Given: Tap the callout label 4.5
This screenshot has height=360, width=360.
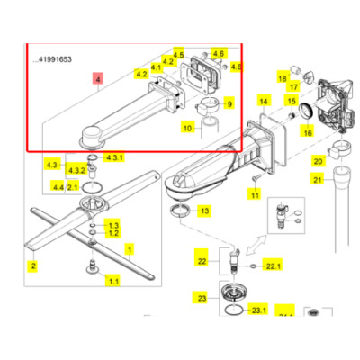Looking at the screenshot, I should coord(178,55).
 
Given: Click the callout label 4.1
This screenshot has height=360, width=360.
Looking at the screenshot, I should coord(157,67).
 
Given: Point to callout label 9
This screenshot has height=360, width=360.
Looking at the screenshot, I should coord(229,104).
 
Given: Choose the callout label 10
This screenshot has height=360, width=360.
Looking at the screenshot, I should coord(187,129).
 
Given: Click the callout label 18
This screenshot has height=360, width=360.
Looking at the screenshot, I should coord(282,79).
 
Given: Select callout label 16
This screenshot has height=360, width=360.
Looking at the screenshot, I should coord(307,132).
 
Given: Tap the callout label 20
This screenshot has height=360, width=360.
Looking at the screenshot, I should coord(318,162).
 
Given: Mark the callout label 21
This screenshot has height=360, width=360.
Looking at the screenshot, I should coord(318,180).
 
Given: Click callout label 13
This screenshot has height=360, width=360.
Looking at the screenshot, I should coord(204,211).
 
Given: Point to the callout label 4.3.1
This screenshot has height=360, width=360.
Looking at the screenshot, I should coord(114,157).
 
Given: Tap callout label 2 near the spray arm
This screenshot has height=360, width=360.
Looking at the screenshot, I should coord(32,266).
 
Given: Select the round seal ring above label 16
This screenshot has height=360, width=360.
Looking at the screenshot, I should coord(307,110).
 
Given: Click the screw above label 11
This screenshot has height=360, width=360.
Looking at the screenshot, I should coord(255,176).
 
